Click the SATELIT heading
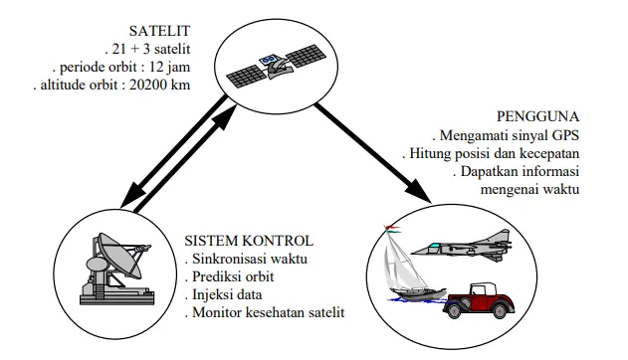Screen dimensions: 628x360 [x=159, y=31]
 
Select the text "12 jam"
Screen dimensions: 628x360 [x=169, y=67]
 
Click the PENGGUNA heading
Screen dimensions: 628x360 [x=537, y=116]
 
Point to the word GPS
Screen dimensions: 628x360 [x=565, y=135]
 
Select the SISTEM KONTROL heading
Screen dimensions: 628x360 [x=249, y=241]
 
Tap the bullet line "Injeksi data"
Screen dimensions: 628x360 [x=224, y=294]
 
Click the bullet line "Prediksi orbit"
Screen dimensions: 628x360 [x=229, y=276]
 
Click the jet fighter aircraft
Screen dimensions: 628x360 [x=462, y=245]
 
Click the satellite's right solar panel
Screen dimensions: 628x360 [x=306, y=56]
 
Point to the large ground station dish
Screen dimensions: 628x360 [x=119, y=256]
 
